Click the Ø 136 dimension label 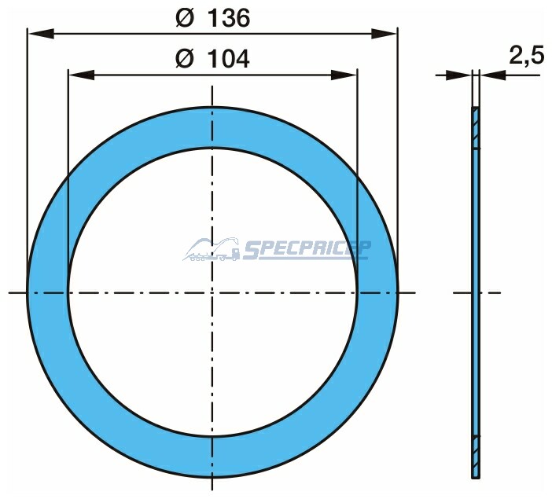point(213,17)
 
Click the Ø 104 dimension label point(212,58)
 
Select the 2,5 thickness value point(527,55)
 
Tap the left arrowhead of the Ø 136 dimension point(41,34)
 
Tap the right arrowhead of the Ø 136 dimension point(384,34)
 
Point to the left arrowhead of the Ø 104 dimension point(81,75)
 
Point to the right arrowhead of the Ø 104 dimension point(344,75)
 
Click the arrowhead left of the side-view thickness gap point(458,75)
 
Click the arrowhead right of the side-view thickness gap point(492,75)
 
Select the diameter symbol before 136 point(185,18)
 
